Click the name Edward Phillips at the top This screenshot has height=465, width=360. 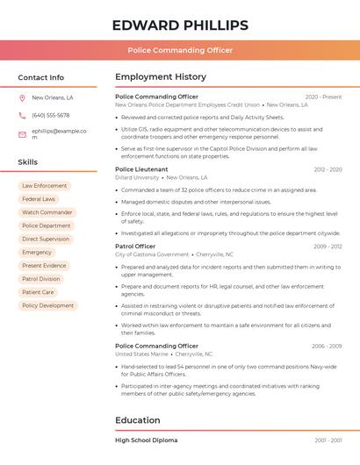pyautogui.click(x=180, y=25)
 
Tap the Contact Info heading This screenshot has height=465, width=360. pyautogui.click(x=41, y=77)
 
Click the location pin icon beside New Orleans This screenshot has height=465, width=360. pyautogui.click(x=22, y=97)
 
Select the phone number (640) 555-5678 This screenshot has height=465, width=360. pyautogui.click(x=50, y=115)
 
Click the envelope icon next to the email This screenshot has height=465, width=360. pyautogui.click(x=22, y=134)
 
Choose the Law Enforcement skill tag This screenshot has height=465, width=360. pyautogui.click(x=44, y=186)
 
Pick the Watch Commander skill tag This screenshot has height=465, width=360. pyautogui.click(x=47, y=212)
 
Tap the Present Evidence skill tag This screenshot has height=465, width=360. pyautogui.click(x=44, y=266)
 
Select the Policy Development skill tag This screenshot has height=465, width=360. pyautogui.click(x=47, y=305)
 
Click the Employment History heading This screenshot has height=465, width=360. pyautogui.click(x=161, y=77)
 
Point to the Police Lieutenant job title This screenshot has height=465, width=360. pyautogui.click(x=141, y=169)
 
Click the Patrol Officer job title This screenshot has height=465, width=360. pyautogui.click(x=135, y=247)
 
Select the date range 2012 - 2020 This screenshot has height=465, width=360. pyautogui.click(x=328, y=169)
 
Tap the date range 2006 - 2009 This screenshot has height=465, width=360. pyautogui.click(x=327, y=346)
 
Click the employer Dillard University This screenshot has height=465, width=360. pyautogui.click(x=137, y=177)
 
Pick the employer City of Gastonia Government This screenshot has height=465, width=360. pyautogui.click(x=152, y=254)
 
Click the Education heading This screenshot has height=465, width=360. pyautogui.click(x=137, y=420)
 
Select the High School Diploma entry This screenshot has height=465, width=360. pyautogui.click(x=146, y=440)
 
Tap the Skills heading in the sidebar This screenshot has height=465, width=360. pyautogui.click(x=28, y=162)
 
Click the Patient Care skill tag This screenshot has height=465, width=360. pyautogui.click(x=38, y=292)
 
